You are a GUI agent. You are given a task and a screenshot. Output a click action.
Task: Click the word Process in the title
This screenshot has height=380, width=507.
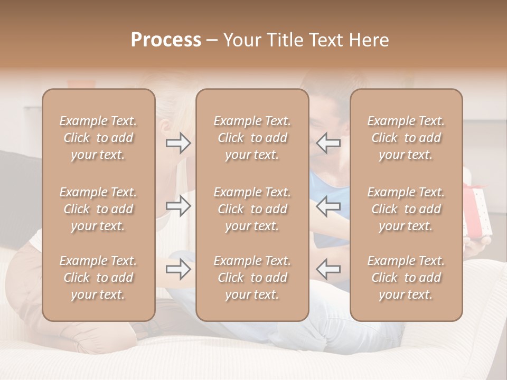pos(166,40)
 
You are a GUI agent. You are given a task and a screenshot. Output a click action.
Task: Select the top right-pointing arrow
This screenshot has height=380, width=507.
pos(179,143)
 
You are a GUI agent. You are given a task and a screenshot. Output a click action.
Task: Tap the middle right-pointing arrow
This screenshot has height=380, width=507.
pos(179,206)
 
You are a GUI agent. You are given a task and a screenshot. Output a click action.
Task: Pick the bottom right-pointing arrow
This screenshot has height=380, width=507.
pos(179,269)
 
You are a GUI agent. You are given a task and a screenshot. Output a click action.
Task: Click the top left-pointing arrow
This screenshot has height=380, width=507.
pos(328,143)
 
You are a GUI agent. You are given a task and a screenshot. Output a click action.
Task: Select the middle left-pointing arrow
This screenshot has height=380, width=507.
pos(328,206)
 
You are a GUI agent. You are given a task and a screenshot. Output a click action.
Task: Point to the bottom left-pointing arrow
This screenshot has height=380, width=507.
pos(328,269)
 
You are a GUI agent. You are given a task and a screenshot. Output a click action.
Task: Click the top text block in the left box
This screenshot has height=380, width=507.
pos(98,138)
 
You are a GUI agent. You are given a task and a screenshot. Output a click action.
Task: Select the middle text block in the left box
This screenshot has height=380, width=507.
pos(98,209)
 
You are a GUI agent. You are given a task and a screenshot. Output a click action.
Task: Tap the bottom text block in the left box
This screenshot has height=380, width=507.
pos(98,278)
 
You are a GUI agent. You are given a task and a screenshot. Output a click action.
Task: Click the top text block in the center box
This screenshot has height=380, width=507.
pos(252,138)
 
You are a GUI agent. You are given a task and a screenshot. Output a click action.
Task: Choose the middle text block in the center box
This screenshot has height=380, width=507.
pos(252,209)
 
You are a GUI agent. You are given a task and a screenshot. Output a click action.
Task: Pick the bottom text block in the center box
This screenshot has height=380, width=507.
pos(252,278)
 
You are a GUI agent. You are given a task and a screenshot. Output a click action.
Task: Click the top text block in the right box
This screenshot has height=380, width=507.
pos(406,138)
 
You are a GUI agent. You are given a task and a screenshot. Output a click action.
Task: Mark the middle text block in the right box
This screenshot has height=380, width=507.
pos(406,209)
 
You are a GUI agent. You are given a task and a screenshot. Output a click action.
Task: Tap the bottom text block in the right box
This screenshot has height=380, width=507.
pos(406,278)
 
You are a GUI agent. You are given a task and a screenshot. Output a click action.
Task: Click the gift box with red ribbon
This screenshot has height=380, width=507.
pos(478,211)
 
